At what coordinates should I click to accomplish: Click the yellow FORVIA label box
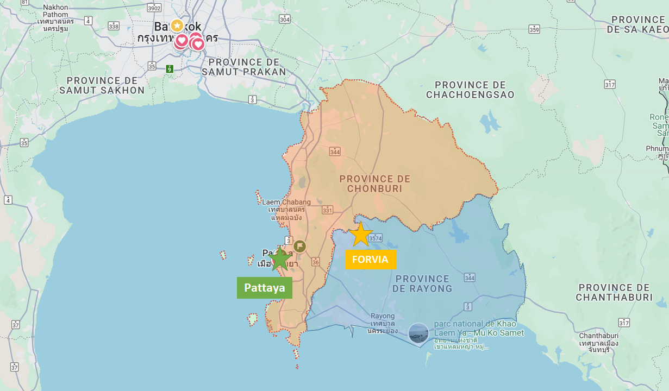coord(371,259)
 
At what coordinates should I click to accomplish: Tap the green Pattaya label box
coord(264,288)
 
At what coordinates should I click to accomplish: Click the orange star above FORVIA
coord(360,235)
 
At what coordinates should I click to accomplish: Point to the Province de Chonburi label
coord(375,184)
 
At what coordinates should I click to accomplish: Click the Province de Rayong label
coord(422,283)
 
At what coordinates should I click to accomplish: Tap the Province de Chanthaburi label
coord(614,292)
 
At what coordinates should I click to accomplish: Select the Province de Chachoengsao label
coord(470,90)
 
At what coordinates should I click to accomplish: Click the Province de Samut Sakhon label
coord(102,85)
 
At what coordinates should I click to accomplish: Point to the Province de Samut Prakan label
coord(243,67)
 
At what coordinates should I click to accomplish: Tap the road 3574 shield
coord(375,238)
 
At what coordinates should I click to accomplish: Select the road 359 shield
coord(534,29)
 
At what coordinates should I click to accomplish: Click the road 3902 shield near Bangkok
coord(154,8)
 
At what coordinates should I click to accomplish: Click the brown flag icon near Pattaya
coord(299,246)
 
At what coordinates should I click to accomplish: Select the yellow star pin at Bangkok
coord(177,26)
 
